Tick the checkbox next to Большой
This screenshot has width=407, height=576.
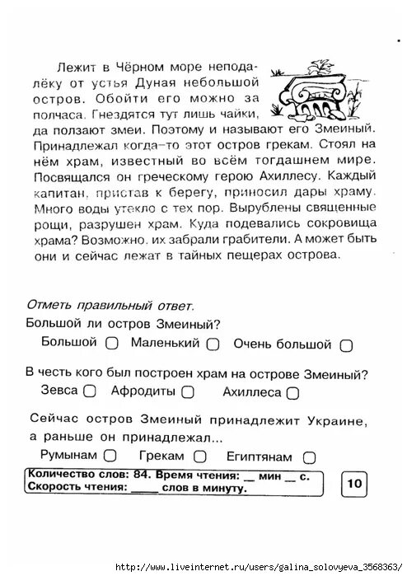coord(113,343)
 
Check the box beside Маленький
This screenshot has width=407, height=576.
coord(213,344)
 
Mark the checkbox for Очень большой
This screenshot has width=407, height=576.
coord(346,345)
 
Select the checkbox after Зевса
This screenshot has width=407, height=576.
coord(91,391)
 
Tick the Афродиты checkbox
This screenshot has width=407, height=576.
coord(189,392)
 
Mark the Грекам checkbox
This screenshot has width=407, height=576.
coord(199,455)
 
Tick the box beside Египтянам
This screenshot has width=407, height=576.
coord(309,456)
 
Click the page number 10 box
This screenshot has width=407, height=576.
coord(354,482)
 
